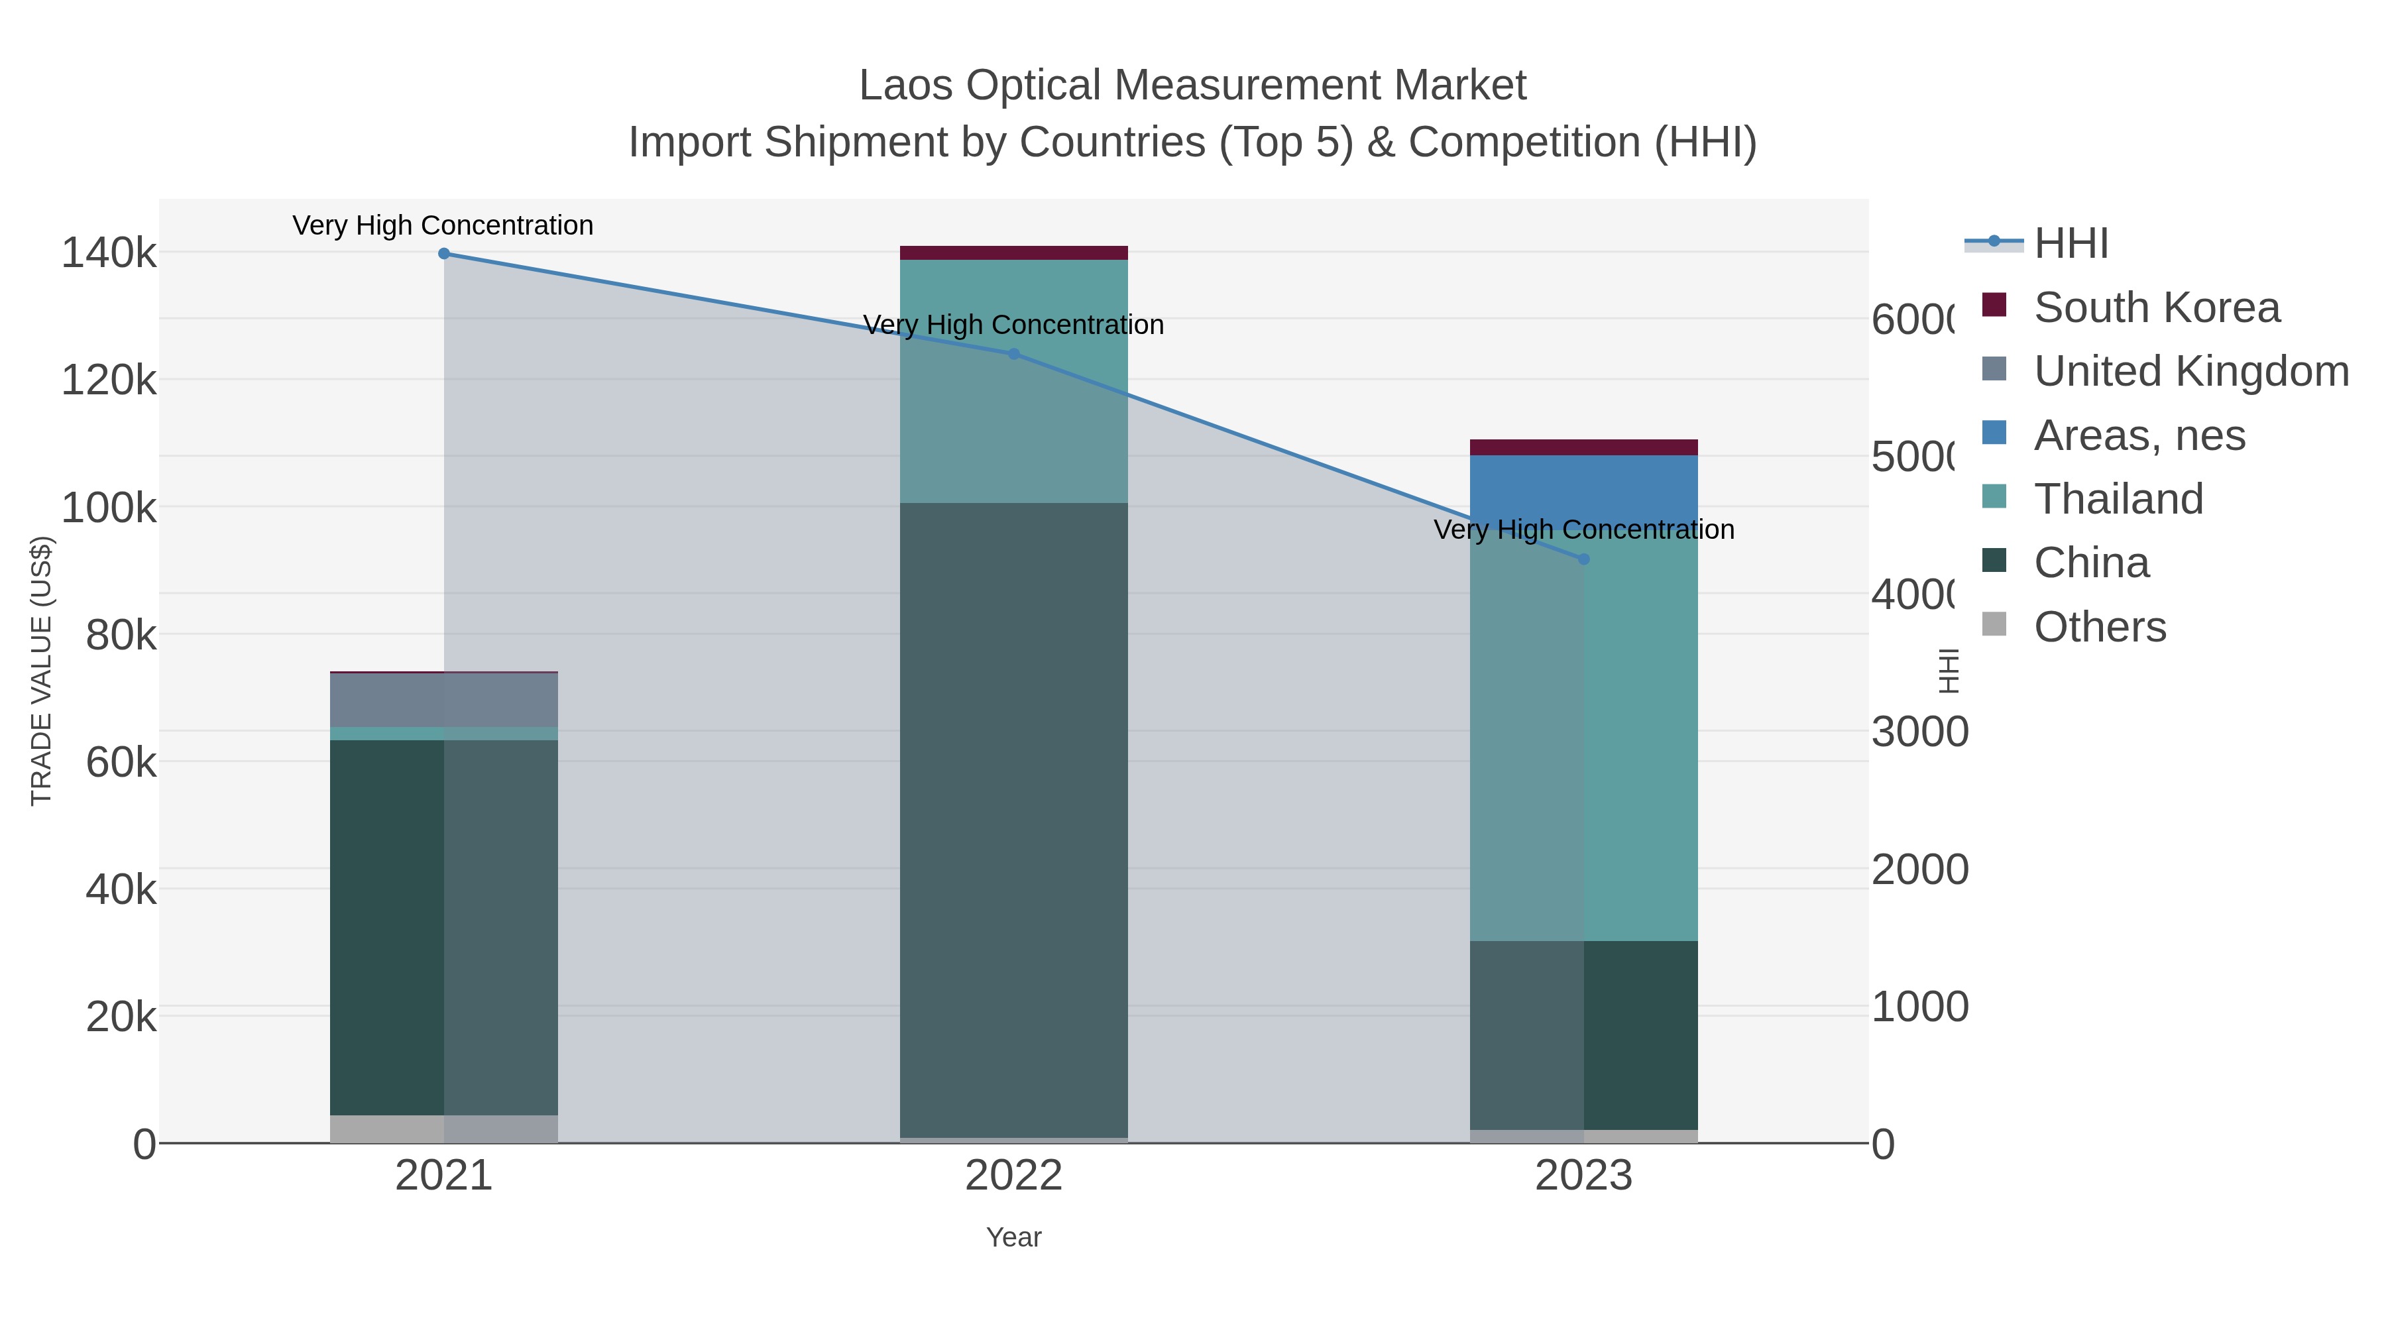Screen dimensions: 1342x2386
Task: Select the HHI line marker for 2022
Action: point(1013,354)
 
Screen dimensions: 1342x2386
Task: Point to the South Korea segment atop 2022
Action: point(1013,253)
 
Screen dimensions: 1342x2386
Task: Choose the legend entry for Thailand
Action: point(2118,499)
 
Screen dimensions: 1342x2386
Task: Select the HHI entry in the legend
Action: point(2071,244)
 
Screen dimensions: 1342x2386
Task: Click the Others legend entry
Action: point(2099,627)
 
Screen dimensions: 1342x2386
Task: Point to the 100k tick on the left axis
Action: point(109,508)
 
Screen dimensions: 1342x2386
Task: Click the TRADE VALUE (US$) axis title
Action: point(42,671)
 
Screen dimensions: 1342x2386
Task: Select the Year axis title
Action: point(1013,1237)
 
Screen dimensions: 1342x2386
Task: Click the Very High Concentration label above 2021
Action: point(443,226)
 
